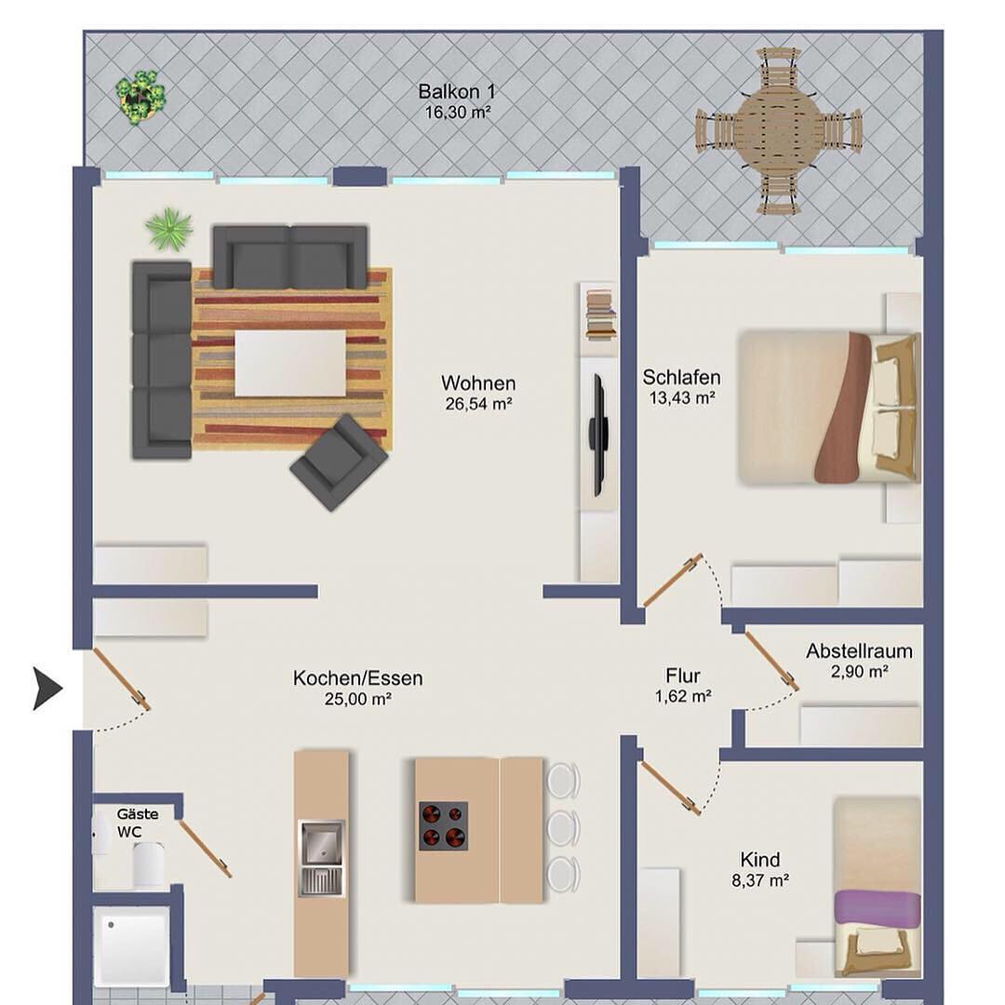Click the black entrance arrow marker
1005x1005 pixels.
click(x=47, y=689)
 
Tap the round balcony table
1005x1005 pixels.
click(x=778, y=130)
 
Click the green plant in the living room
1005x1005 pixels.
click(x=169, y=228)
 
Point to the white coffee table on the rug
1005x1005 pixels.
click(x=290, y=364)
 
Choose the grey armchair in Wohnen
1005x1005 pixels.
click(x=339, y=462)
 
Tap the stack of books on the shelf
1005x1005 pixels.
click(x=600, y=314)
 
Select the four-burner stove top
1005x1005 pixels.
click(x=443, y=826)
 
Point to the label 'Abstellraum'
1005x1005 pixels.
click(x=859, y=651)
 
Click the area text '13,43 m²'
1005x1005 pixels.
click(x=682, y=398)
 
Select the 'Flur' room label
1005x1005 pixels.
click(x=683, y=676)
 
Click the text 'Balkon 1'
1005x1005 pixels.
click(x=457, y=91)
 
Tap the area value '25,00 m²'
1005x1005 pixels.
click(x=357, y=699)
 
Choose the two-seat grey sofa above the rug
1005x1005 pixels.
click(x=290, y=257)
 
